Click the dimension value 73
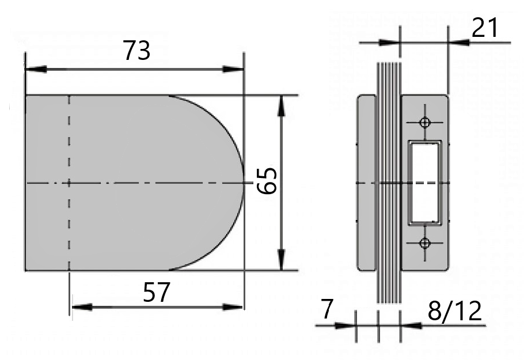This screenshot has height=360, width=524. click(x=137, y=51)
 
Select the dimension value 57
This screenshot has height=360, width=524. click(x=157, y=293)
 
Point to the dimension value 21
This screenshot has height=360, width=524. click(x=485, y=27)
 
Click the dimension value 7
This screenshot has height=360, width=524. click(x=326, y=310)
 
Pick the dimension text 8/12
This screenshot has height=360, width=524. click(x=455, y=311)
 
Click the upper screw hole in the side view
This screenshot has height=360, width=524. click(x=425, y=122)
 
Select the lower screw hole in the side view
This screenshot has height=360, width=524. click(x=425, y=243)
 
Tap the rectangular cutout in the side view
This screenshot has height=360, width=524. click(x=424, y=182)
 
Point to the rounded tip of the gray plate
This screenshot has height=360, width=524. click(x=242, y=182)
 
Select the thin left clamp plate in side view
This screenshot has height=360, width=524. click(x=366, y=182)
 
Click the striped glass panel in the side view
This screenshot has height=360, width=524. click(x=388, y=182)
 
